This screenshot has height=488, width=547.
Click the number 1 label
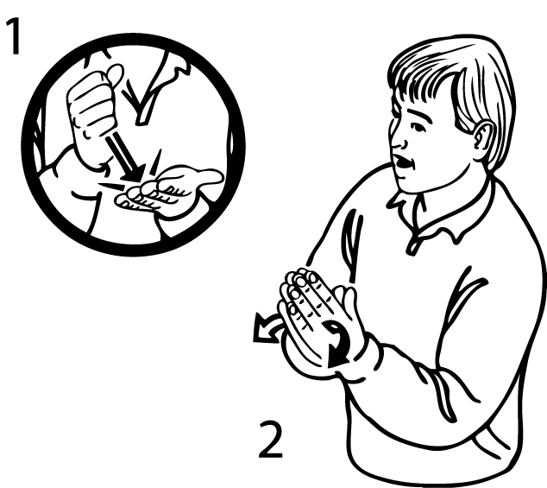13,36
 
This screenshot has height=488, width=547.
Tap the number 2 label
271,439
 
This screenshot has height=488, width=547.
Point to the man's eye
418,128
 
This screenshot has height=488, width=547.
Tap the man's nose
398,139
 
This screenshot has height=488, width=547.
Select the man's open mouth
404,162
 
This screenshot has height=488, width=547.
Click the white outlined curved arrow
267,327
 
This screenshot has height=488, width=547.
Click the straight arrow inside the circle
125,158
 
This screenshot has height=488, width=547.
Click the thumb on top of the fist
115,74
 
